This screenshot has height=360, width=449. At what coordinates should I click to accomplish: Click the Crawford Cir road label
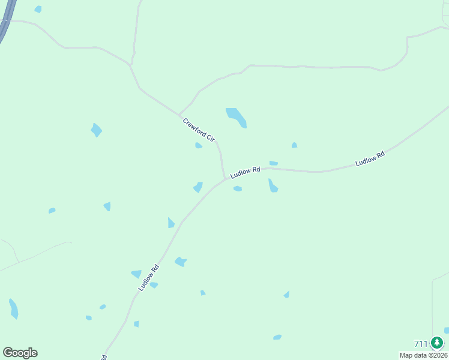pos(199,130)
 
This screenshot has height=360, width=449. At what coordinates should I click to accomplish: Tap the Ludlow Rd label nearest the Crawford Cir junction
pos(245,172)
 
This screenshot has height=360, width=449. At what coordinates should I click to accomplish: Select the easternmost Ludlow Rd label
pos(369,159)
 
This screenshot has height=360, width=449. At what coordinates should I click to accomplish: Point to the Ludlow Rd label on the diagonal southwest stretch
pos(148,278)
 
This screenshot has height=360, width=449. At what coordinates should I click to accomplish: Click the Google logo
pos(20,353)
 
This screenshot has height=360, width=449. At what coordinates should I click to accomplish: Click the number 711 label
pos(421,344)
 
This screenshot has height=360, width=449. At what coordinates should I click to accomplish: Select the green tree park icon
pos(437,343)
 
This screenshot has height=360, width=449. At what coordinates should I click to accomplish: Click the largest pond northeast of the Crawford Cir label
pos(236,117)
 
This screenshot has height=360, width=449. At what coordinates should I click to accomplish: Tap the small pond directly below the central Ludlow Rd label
pos(238,189)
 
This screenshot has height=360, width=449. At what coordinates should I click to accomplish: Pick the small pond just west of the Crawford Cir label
pos(198,145)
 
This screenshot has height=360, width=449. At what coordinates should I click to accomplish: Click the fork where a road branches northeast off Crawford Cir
pos(179,114)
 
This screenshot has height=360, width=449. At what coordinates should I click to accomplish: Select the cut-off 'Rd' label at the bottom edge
pos(103,356)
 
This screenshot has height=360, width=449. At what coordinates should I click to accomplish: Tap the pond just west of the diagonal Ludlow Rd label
pos(136,274)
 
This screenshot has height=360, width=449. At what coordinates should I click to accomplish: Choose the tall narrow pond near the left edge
pos(13,308)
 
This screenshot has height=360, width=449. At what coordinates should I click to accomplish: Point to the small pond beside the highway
pos(38,9)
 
